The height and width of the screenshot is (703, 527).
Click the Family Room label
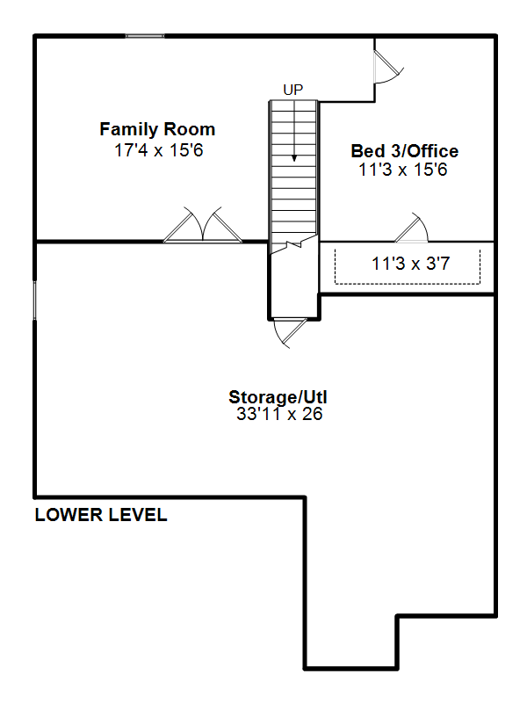(x=157, y=129)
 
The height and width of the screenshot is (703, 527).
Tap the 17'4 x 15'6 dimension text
(x=159, y=150)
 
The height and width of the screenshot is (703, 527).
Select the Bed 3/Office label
(x=405, y=151)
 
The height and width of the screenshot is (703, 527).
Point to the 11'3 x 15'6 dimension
(x=403, y=170)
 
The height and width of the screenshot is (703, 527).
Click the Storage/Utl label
(x=278, y=397)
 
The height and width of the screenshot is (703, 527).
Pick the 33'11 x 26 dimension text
(x=279, y=414)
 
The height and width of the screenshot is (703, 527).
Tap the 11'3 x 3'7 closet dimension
(x=410, y=264)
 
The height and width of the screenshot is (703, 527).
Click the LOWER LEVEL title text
(x=101, y=515)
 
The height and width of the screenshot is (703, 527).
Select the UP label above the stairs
(x=293, y=91)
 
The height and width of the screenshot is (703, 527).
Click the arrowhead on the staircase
(x=294, y=158)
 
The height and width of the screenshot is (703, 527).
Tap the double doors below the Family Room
(x=203, y=225)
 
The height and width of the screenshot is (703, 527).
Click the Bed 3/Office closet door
(x=411, y=228)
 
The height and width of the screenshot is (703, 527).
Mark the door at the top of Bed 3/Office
(x=388, y=67)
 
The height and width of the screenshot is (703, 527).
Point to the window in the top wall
(x=145, y=36)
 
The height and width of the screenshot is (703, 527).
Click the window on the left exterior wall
(x=34, y=301)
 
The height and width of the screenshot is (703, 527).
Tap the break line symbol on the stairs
(x=294, y=244)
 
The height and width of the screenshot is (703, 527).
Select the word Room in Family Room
(x=189, y=129)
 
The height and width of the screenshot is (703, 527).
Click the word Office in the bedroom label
(x=432, y=151)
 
